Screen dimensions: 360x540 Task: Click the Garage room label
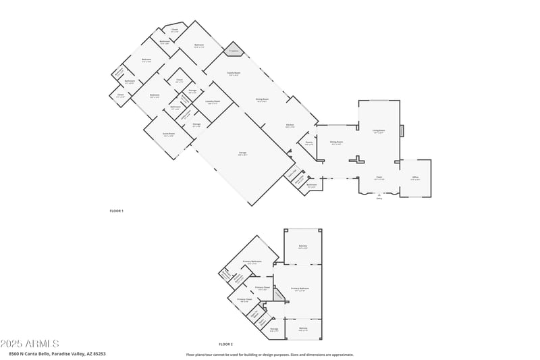tap(242, 154)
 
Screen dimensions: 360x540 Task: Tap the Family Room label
tap(234, 73)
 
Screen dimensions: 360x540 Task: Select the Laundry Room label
tap(213, 102)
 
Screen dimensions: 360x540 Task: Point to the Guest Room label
tap(169, 134)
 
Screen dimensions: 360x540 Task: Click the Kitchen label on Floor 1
tap(290, 125)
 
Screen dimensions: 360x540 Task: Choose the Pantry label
tap(308, 143)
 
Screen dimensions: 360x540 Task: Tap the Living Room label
tap(379, 131)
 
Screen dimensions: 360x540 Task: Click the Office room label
tap(415, 178)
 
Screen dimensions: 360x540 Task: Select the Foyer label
tap(380, 178)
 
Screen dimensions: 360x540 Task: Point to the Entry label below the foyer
tap(379, 198)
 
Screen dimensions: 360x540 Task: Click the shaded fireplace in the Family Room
tap(234, 51)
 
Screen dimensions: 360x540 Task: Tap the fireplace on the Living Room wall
tap(402, 131)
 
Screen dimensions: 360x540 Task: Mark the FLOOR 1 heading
tap(117, 211)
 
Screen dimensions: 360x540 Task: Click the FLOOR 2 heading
tap(225, 344)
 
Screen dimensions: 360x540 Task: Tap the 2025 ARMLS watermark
tap(30, 344)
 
